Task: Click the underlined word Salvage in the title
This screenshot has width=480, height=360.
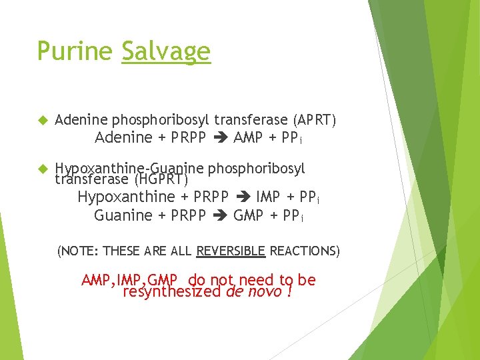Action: click(x=166, y=51)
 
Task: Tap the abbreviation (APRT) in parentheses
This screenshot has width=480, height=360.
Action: click(x=315, y=120)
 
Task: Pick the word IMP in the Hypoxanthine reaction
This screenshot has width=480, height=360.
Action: click(x=269, y=197)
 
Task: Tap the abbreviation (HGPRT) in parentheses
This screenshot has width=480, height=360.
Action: click(x=161, y=179)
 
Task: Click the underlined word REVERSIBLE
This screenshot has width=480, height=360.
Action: click(x=231, y=251)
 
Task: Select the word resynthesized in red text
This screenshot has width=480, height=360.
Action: click(x=172, y=291)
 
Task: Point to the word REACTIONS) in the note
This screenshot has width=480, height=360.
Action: click(x=305, y=251)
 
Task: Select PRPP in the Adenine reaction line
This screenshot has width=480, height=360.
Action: click(x=188, y=138)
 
